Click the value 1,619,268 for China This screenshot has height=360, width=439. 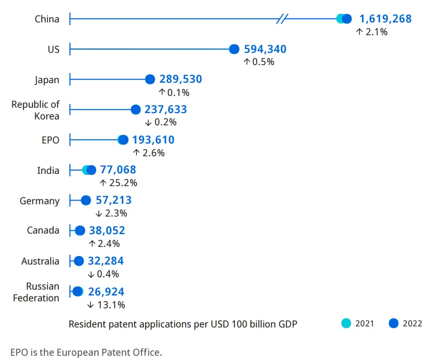coord(385,19)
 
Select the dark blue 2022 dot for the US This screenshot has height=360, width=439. coord(234,50)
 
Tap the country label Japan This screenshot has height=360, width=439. coord(47,80)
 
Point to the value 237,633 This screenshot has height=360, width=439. coord(165,109)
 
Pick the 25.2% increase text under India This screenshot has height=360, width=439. coord(118,183)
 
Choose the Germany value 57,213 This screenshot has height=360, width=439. coord(114,201)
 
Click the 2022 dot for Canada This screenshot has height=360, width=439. coord(80,231)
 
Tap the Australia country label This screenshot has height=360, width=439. coord(40,261)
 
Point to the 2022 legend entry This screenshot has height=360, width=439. coord(405,323)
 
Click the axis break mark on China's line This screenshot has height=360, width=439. coord(282,19)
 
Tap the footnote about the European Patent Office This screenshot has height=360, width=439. coord(86,352)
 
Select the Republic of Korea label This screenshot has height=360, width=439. coord(36,110)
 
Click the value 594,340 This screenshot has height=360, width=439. coord(265,50)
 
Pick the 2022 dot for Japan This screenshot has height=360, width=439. coord(150,79)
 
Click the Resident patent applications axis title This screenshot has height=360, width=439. coord(182,324)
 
